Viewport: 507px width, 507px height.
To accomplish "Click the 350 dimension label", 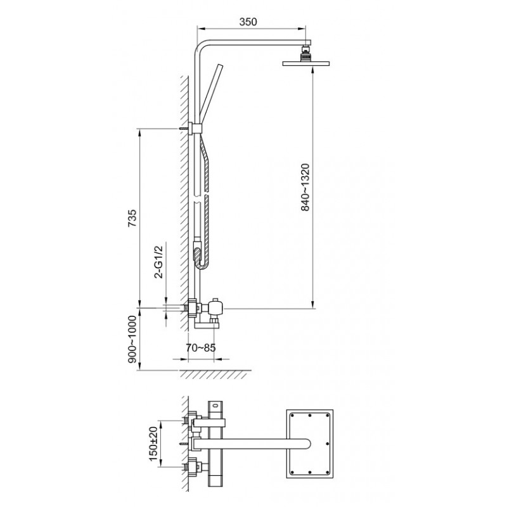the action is tap(248, 22).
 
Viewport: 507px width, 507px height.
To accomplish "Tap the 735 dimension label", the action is tap(132, 218).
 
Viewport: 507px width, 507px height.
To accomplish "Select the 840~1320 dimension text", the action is tap(305, 188).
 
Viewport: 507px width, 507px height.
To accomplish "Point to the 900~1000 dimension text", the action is tap(132, 339).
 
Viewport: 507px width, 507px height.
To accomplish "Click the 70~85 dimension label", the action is tap(200, 348).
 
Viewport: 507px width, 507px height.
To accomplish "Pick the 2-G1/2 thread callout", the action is tap(159, 262).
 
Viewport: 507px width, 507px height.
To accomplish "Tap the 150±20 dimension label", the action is tap(153, 444).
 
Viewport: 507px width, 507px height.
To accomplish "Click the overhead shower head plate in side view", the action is tap(305, 63).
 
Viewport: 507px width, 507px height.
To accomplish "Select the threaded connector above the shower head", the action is tap(305, 53).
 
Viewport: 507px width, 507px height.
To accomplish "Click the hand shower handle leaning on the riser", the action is tap(211, 94).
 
